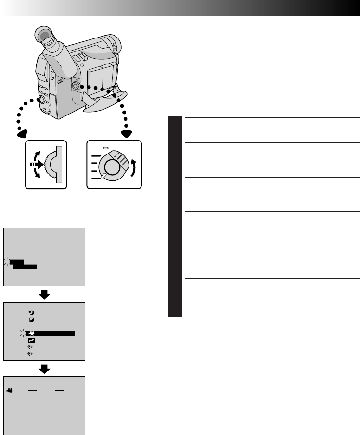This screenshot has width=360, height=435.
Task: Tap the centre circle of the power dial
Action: coord(112,166)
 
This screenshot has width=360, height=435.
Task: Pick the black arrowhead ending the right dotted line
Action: coord(127,133)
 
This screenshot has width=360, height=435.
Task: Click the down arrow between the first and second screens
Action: coord(44,294)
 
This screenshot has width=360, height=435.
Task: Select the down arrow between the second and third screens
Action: coord(44,368)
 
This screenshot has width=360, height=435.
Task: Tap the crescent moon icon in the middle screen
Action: coord(31,312)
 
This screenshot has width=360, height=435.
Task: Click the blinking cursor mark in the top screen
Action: coord(8,261)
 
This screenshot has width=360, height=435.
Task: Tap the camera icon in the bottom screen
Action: coord(9,391)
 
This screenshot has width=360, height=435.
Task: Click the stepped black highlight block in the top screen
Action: coord(23,264)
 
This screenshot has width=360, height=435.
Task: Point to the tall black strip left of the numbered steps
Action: coord(175,217)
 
